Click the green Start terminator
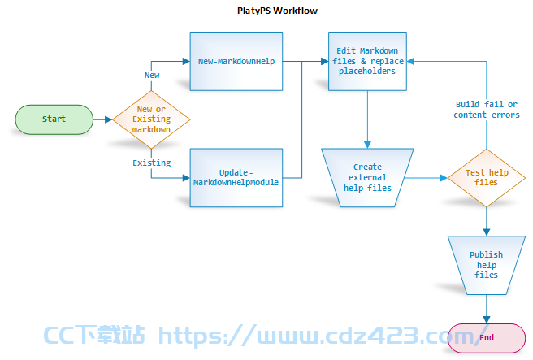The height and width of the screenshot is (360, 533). click(x=54, y=119)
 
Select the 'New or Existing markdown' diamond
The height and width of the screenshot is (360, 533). click(x=151, y=119)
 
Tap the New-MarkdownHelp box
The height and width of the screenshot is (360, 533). click(x=236, y=61)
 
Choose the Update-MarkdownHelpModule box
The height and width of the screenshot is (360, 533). click(x=236, y=177)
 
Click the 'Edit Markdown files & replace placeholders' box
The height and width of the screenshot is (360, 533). click(x=367, y=61)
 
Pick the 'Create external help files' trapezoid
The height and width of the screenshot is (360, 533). click(x=367, y=177)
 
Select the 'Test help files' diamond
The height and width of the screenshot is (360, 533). click(x=487, y=177)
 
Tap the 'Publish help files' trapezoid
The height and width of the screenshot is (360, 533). click(x=487, y=265)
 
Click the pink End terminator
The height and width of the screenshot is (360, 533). click(x=487, y=338)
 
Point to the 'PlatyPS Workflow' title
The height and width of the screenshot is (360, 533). click(x=277, y=11)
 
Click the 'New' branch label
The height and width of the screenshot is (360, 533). click(x=152, y=75)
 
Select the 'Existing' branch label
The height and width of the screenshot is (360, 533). click(x=152, y=163)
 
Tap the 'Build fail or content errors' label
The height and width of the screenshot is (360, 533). click(x=487, y=110)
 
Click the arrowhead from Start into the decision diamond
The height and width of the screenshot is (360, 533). click(x=109, y=119)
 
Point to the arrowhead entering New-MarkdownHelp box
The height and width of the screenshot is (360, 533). click(x=186, y=61)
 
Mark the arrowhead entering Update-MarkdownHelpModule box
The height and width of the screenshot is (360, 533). click(x=186, y=178)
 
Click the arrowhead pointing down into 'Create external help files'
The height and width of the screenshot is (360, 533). click(x=367, y=145)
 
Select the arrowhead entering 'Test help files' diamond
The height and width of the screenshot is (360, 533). click(x=444, y=178)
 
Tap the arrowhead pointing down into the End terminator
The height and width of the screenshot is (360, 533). click(x=487, y=319)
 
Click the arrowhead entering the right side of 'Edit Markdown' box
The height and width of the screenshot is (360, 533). click(x=410, y=61)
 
